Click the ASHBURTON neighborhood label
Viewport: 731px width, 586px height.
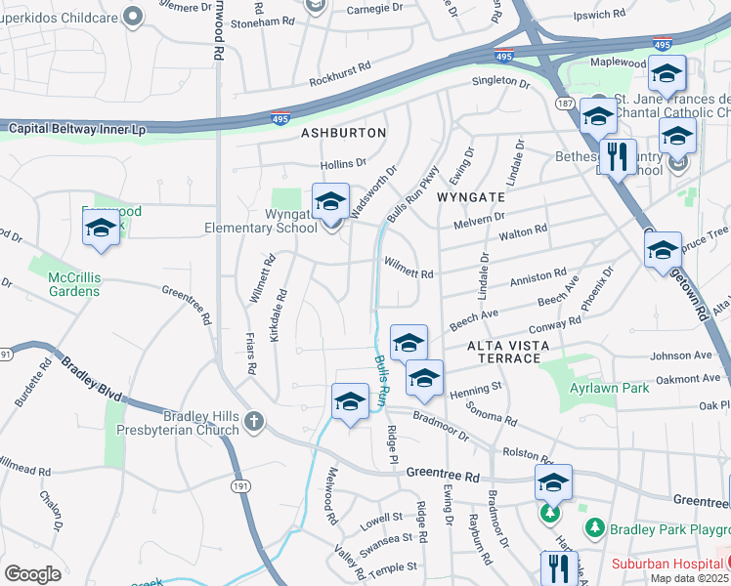tap(343, 132)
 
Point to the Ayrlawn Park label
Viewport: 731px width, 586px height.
tap(610, 388)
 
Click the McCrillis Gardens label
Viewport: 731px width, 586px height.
tap(73, 284)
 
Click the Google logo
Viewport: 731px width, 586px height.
tap(32, 573)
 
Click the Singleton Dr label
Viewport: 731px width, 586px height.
tap(500, 84)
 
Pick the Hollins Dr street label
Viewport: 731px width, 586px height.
tap(344, 164)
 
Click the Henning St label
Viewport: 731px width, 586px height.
tap(475, 387)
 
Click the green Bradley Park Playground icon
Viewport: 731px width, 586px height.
tap(593, 527)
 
